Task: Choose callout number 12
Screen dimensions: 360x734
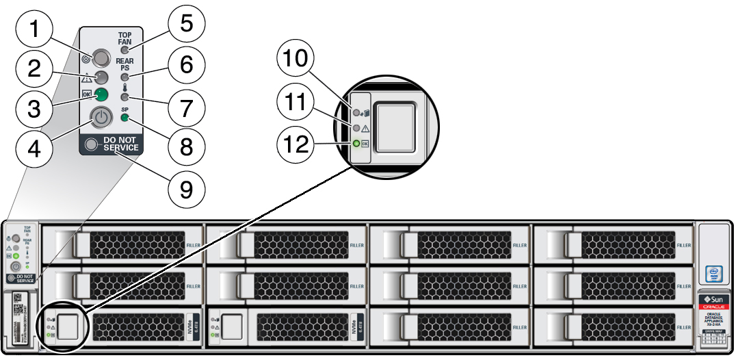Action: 298,144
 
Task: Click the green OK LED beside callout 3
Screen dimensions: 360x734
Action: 101,94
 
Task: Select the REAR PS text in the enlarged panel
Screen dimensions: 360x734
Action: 124,64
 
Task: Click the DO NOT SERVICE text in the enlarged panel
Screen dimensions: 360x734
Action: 120,144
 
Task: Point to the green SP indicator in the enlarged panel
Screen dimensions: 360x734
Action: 124,117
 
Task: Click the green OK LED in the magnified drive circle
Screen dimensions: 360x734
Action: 356,144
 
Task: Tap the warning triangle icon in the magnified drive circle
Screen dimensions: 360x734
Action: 365,128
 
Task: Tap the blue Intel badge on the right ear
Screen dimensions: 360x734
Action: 714,274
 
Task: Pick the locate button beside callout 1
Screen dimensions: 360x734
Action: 101,57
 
